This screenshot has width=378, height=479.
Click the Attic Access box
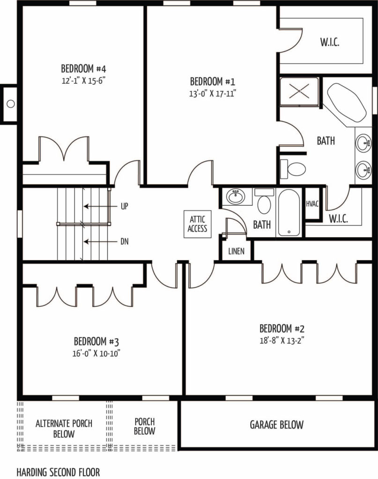tap(197, 224)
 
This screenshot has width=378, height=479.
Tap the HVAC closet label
tap(312, 204)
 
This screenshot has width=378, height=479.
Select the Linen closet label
tap(237, 251)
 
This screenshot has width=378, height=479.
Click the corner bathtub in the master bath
tap(347, 102)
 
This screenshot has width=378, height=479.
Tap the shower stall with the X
tap(299, 91)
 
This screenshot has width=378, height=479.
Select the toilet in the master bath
tap(293, 169)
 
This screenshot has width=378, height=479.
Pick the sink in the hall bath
tap(236, 197)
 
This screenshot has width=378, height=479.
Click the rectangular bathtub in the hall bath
tap(289, 213)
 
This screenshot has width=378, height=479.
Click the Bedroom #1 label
tap(213, 81)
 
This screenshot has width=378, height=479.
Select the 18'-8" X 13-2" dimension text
tap(282, 341)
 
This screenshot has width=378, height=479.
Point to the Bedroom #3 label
tap(96, 341)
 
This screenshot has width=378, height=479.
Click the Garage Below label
tap(277, 425)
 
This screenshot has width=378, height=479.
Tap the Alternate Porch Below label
tap(64, 428)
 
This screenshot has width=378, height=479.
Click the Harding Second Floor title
tap(58, 472)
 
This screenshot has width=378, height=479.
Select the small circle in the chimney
tap(11, 104)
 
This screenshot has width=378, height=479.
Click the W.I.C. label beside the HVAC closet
tap(339, 219)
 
